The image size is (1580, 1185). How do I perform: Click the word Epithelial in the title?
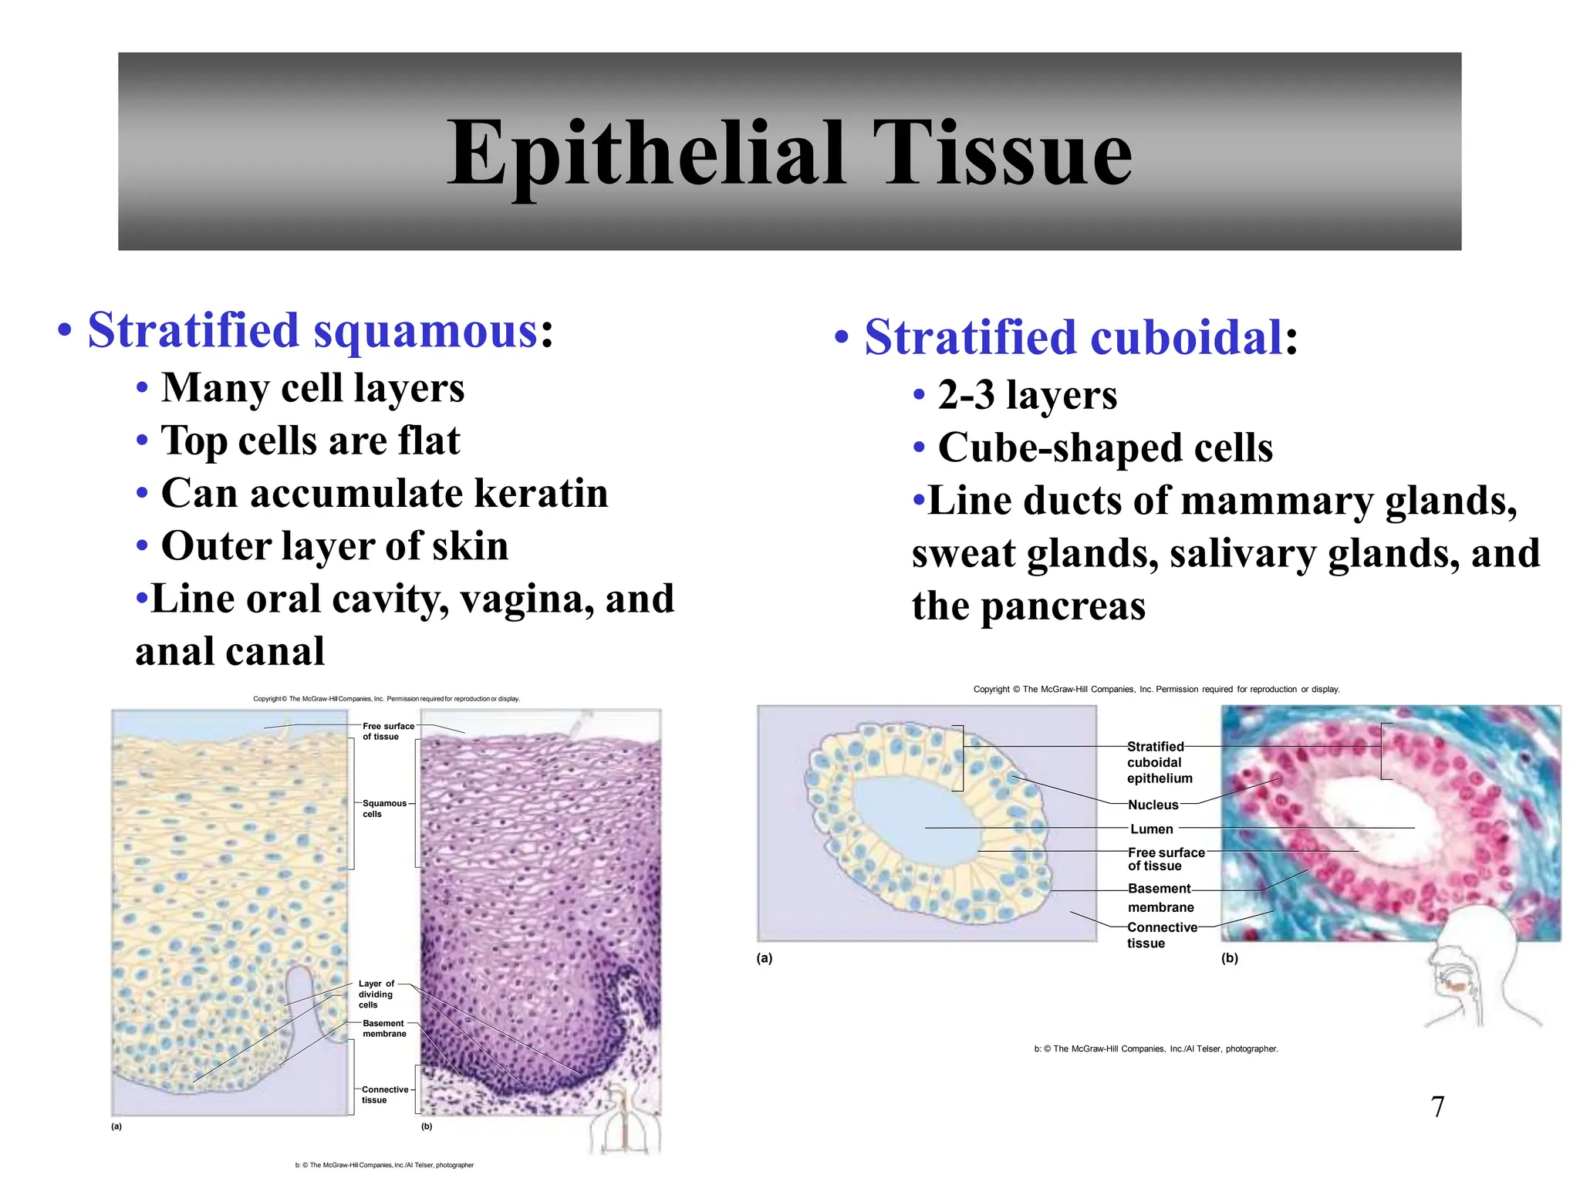tap(647, 154)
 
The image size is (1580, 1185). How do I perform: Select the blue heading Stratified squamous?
tap(312, 331)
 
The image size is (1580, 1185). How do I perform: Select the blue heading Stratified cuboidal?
tap(1072, 338)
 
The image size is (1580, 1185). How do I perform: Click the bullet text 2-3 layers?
tap(1026, 395)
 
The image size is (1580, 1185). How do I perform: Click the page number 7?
tap(1437, 1107)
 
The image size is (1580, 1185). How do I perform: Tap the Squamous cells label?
tap(383, 809)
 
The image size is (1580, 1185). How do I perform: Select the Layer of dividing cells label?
tap(376, 994)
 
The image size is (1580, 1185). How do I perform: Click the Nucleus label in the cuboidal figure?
tap(1153, 805)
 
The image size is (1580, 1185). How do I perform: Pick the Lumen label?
tap(1151, 829)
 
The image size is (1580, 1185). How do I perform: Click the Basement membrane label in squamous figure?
tap(384, 1028)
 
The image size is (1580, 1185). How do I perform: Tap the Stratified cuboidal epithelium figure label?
tap(1159, 762)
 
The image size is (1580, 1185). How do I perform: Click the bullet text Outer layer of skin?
tap(334, 546)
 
